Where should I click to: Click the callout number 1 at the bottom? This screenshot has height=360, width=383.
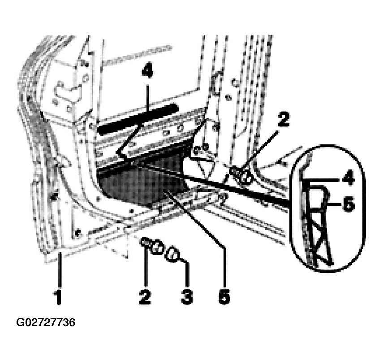pos(58,296)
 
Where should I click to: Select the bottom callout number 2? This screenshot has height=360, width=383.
pos(145,296)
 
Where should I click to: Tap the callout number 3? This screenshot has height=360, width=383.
pos(187,296)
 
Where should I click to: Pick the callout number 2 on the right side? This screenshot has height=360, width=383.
pos(284,119)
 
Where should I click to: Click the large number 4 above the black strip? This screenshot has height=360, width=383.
pos(147,70)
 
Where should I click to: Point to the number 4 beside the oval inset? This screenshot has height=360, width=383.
pos(349,178)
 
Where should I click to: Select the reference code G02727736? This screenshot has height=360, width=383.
pos(45,323)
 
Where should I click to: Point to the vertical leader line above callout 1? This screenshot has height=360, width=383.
pos(60,271)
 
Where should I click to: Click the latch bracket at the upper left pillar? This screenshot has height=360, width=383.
pos(67,91)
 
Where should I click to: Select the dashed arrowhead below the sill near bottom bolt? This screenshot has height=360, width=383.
pos(126,256)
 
